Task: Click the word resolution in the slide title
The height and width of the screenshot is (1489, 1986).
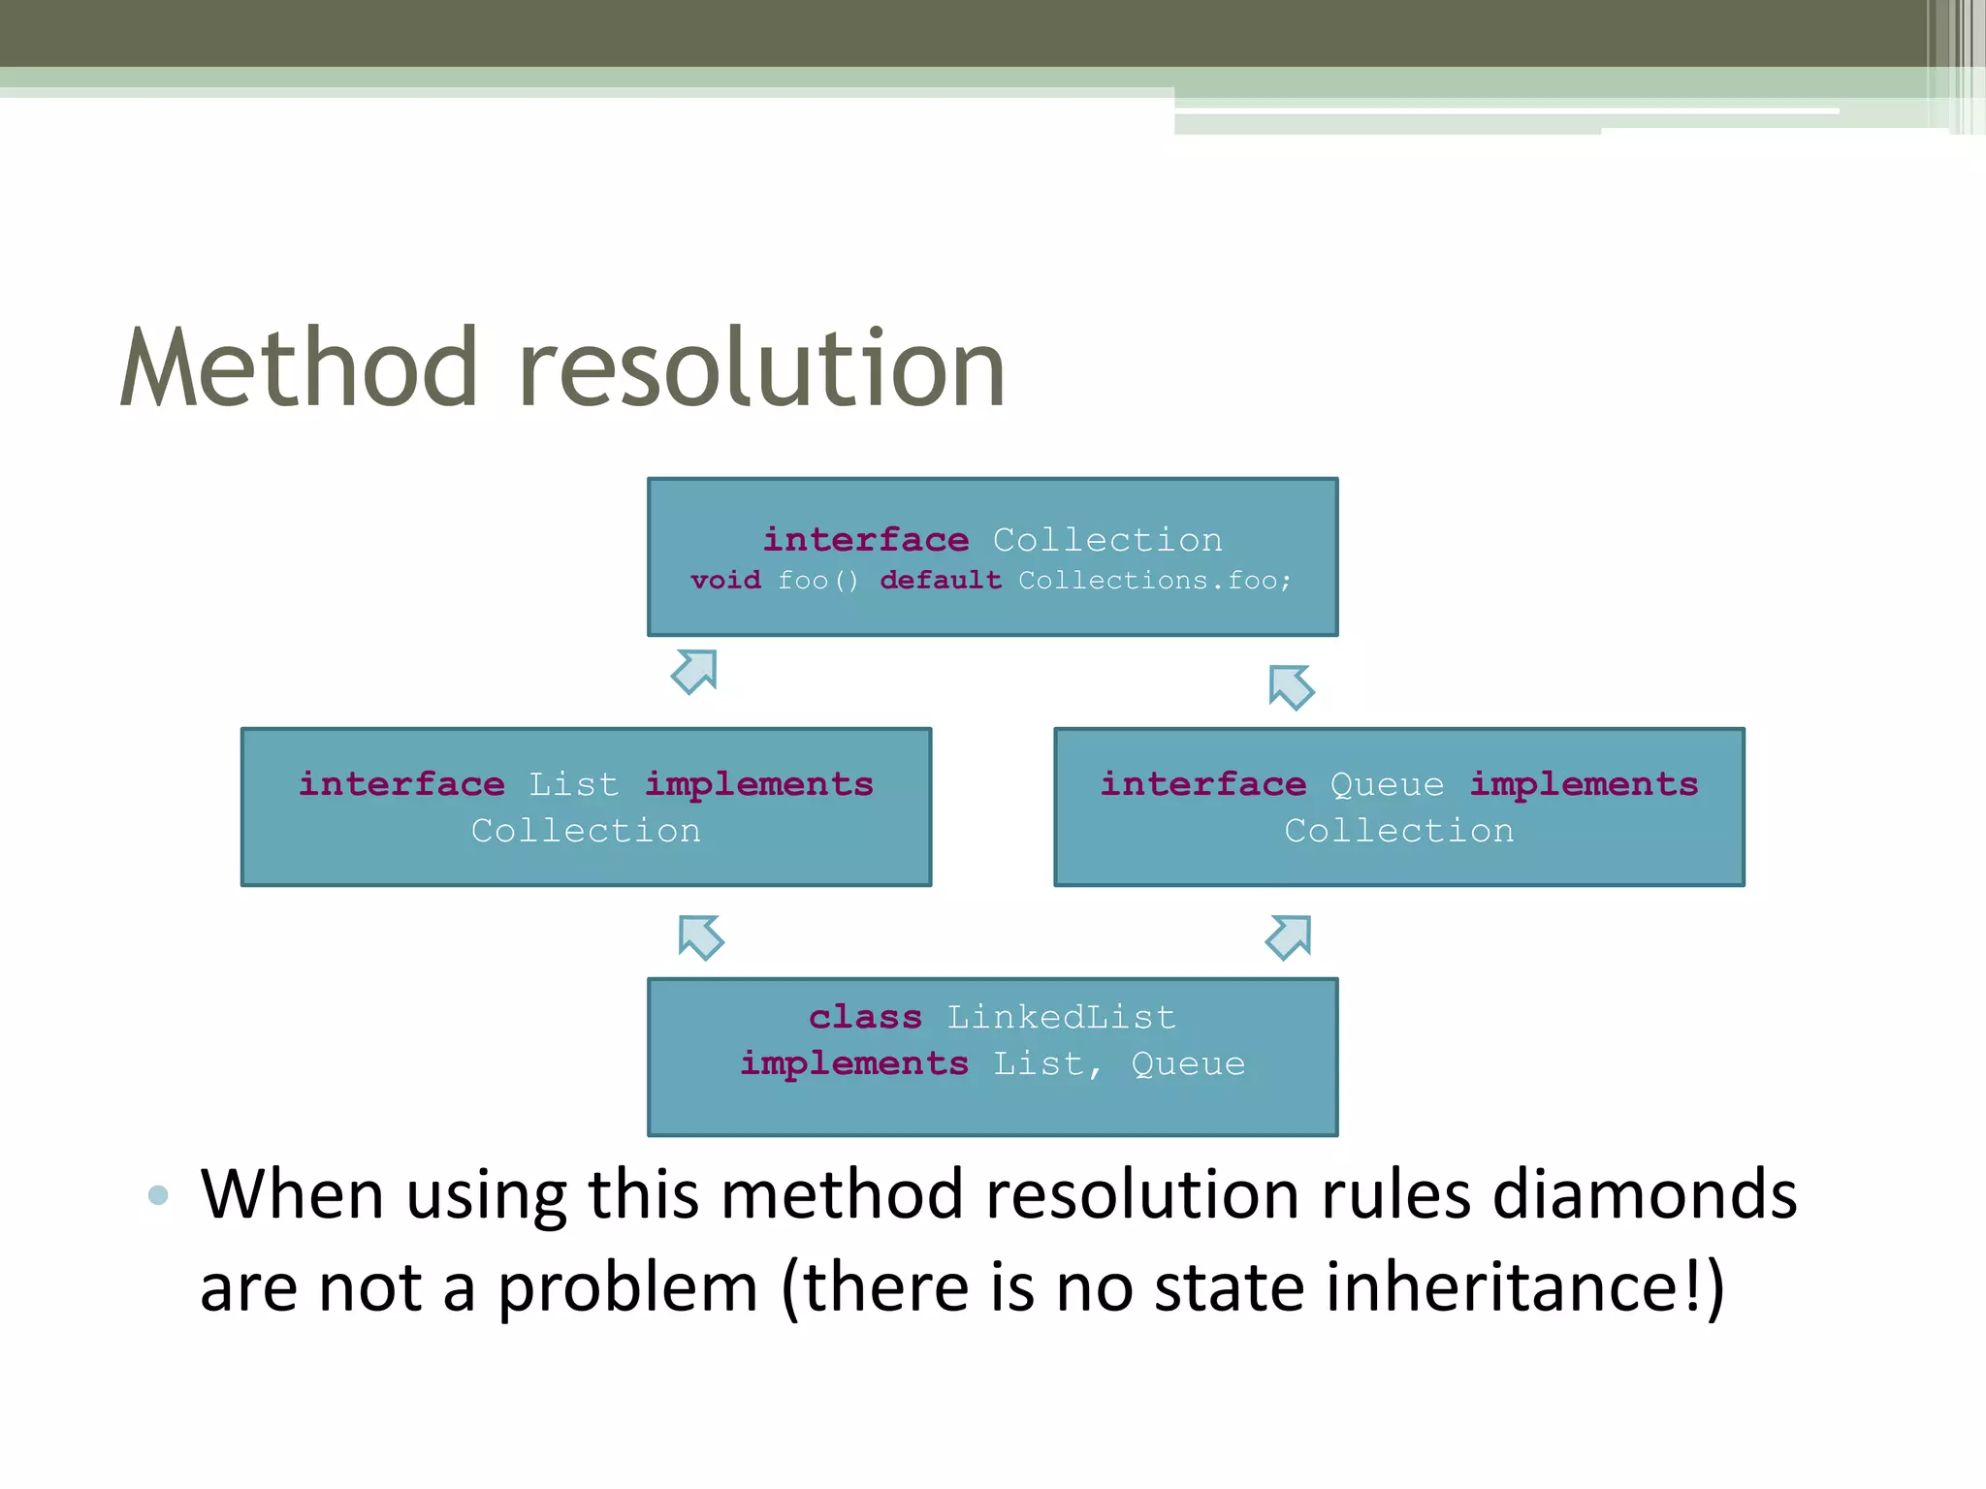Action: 761,368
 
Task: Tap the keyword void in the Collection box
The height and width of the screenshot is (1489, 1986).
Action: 725,580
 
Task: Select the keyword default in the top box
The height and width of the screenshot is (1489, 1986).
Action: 941,580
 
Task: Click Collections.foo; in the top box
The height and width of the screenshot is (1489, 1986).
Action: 1154,580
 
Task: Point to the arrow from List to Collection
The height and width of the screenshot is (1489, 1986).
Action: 694,672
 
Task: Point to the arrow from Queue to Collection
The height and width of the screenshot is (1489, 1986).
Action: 1291,687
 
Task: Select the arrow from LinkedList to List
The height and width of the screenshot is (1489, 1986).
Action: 701,936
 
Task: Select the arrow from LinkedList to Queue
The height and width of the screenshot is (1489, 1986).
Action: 1289,936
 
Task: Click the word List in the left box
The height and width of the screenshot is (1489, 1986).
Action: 573,783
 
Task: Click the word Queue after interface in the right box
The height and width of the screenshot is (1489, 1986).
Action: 1387,783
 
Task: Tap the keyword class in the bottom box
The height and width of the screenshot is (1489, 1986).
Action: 865,1017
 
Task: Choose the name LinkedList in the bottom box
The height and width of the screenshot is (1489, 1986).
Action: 1061,1017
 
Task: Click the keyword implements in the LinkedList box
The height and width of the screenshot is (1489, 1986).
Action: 854,1063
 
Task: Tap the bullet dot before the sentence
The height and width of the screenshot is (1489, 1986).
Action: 158,1195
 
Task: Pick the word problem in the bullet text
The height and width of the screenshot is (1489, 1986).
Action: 627,1288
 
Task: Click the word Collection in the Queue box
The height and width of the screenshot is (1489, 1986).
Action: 1398,831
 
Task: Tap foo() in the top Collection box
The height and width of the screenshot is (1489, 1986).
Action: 818,580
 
